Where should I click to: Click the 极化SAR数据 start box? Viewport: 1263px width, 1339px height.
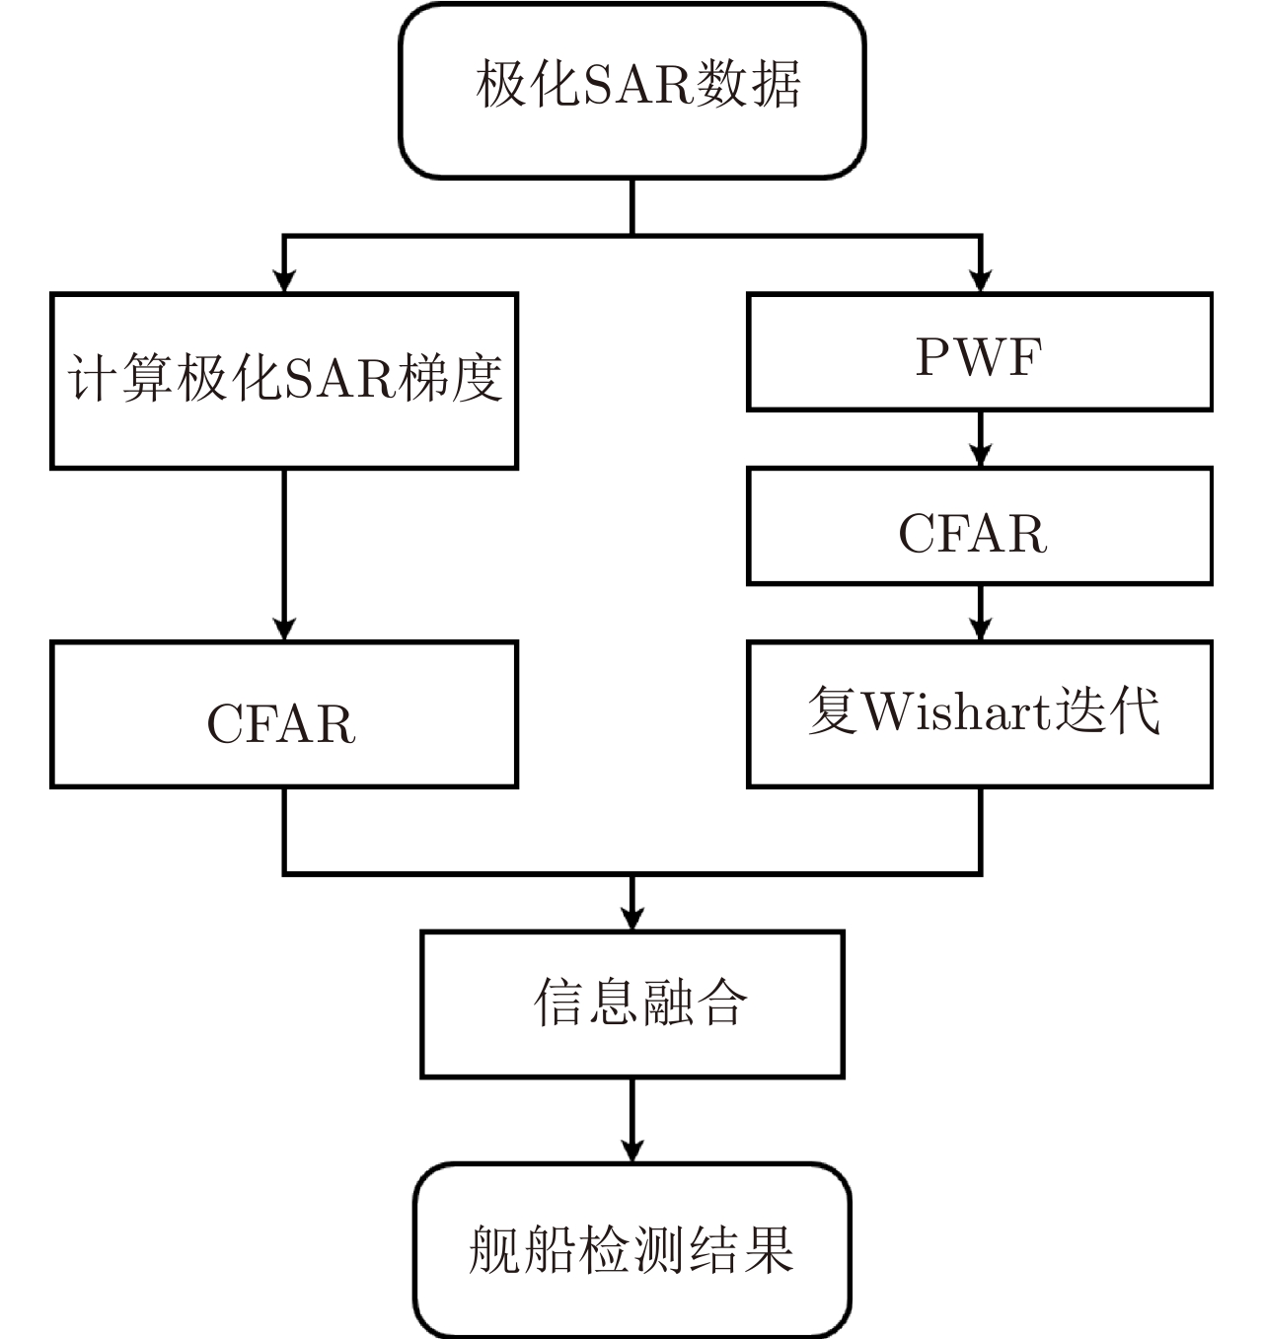(631, 91)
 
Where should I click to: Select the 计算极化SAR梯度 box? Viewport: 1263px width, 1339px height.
(284, 381)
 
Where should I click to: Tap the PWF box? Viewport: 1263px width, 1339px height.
(979, 352)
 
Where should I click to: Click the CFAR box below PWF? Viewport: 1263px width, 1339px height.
(979, 526)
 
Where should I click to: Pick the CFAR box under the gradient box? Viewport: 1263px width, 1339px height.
(284, 714)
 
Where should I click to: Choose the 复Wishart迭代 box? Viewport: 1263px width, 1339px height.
(979, 713)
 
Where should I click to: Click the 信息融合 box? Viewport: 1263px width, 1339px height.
(631, 1004)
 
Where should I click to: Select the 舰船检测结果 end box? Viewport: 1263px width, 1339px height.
(631, 1250)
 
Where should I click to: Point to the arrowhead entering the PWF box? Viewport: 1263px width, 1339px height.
(980, 280)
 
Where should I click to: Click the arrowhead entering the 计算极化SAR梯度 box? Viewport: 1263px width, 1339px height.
(284, 280)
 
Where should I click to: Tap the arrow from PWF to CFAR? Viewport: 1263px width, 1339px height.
(980, 440)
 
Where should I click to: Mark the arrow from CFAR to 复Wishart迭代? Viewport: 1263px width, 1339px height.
(980, 614)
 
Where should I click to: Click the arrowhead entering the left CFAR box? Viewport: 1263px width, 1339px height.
(284, 629)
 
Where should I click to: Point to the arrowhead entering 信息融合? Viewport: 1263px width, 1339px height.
(631, 919)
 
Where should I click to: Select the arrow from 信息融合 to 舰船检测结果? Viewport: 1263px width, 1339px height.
(631, 1121)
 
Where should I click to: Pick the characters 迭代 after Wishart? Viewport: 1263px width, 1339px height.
(1107, 709)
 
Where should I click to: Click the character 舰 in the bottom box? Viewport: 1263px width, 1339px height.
(494, 1250)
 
